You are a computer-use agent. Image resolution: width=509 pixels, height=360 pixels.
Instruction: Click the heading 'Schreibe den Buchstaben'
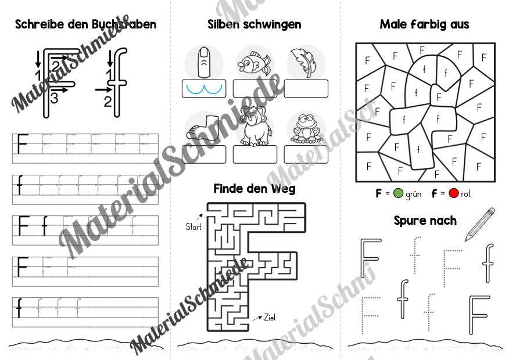point(85,24)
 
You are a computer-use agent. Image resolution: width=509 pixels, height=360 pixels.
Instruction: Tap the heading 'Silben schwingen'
point(254,24)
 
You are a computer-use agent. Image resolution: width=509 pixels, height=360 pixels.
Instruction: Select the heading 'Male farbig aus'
point(424,24)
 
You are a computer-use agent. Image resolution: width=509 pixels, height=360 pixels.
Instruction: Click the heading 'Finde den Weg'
point(254,189)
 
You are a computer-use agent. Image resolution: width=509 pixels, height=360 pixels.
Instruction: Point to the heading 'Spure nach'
point(425,221)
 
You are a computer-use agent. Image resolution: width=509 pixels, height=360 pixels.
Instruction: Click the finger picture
point(204,62)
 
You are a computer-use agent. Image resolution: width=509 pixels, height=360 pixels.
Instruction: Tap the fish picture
point(254,62)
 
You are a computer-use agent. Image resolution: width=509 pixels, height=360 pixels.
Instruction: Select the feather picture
point(304,62)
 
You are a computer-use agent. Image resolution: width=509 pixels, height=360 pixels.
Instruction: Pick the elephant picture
point(256,126)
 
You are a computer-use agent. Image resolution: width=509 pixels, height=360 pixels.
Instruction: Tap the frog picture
point(306,128)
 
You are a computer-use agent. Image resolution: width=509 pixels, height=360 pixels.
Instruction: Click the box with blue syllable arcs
point(204,88)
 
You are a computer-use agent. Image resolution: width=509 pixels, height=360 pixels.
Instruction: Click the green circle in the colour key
point(398,193)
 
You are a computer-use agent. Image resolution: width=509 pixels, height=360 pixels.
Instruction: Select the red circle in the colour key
point(453,193)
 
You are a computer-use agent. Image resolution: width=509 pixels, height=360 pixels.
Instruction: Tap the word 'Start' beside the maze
point(193,226)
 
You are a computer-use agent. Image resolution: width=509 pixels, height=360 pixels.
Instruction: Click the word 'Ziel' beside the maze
point(270,317)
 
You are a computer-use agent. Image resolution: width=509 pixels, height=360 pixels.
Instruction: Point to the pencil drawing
point(480,225)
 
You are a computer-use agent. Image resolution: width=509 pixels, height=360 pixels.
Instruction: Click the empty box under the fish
point(255,88)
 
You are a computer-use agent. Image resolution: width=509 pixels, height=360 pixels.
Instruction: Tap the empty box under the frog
point(306,154)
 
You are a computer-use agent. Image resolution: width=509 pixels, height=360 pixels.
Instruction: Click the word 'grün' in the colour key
point(414,194)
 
